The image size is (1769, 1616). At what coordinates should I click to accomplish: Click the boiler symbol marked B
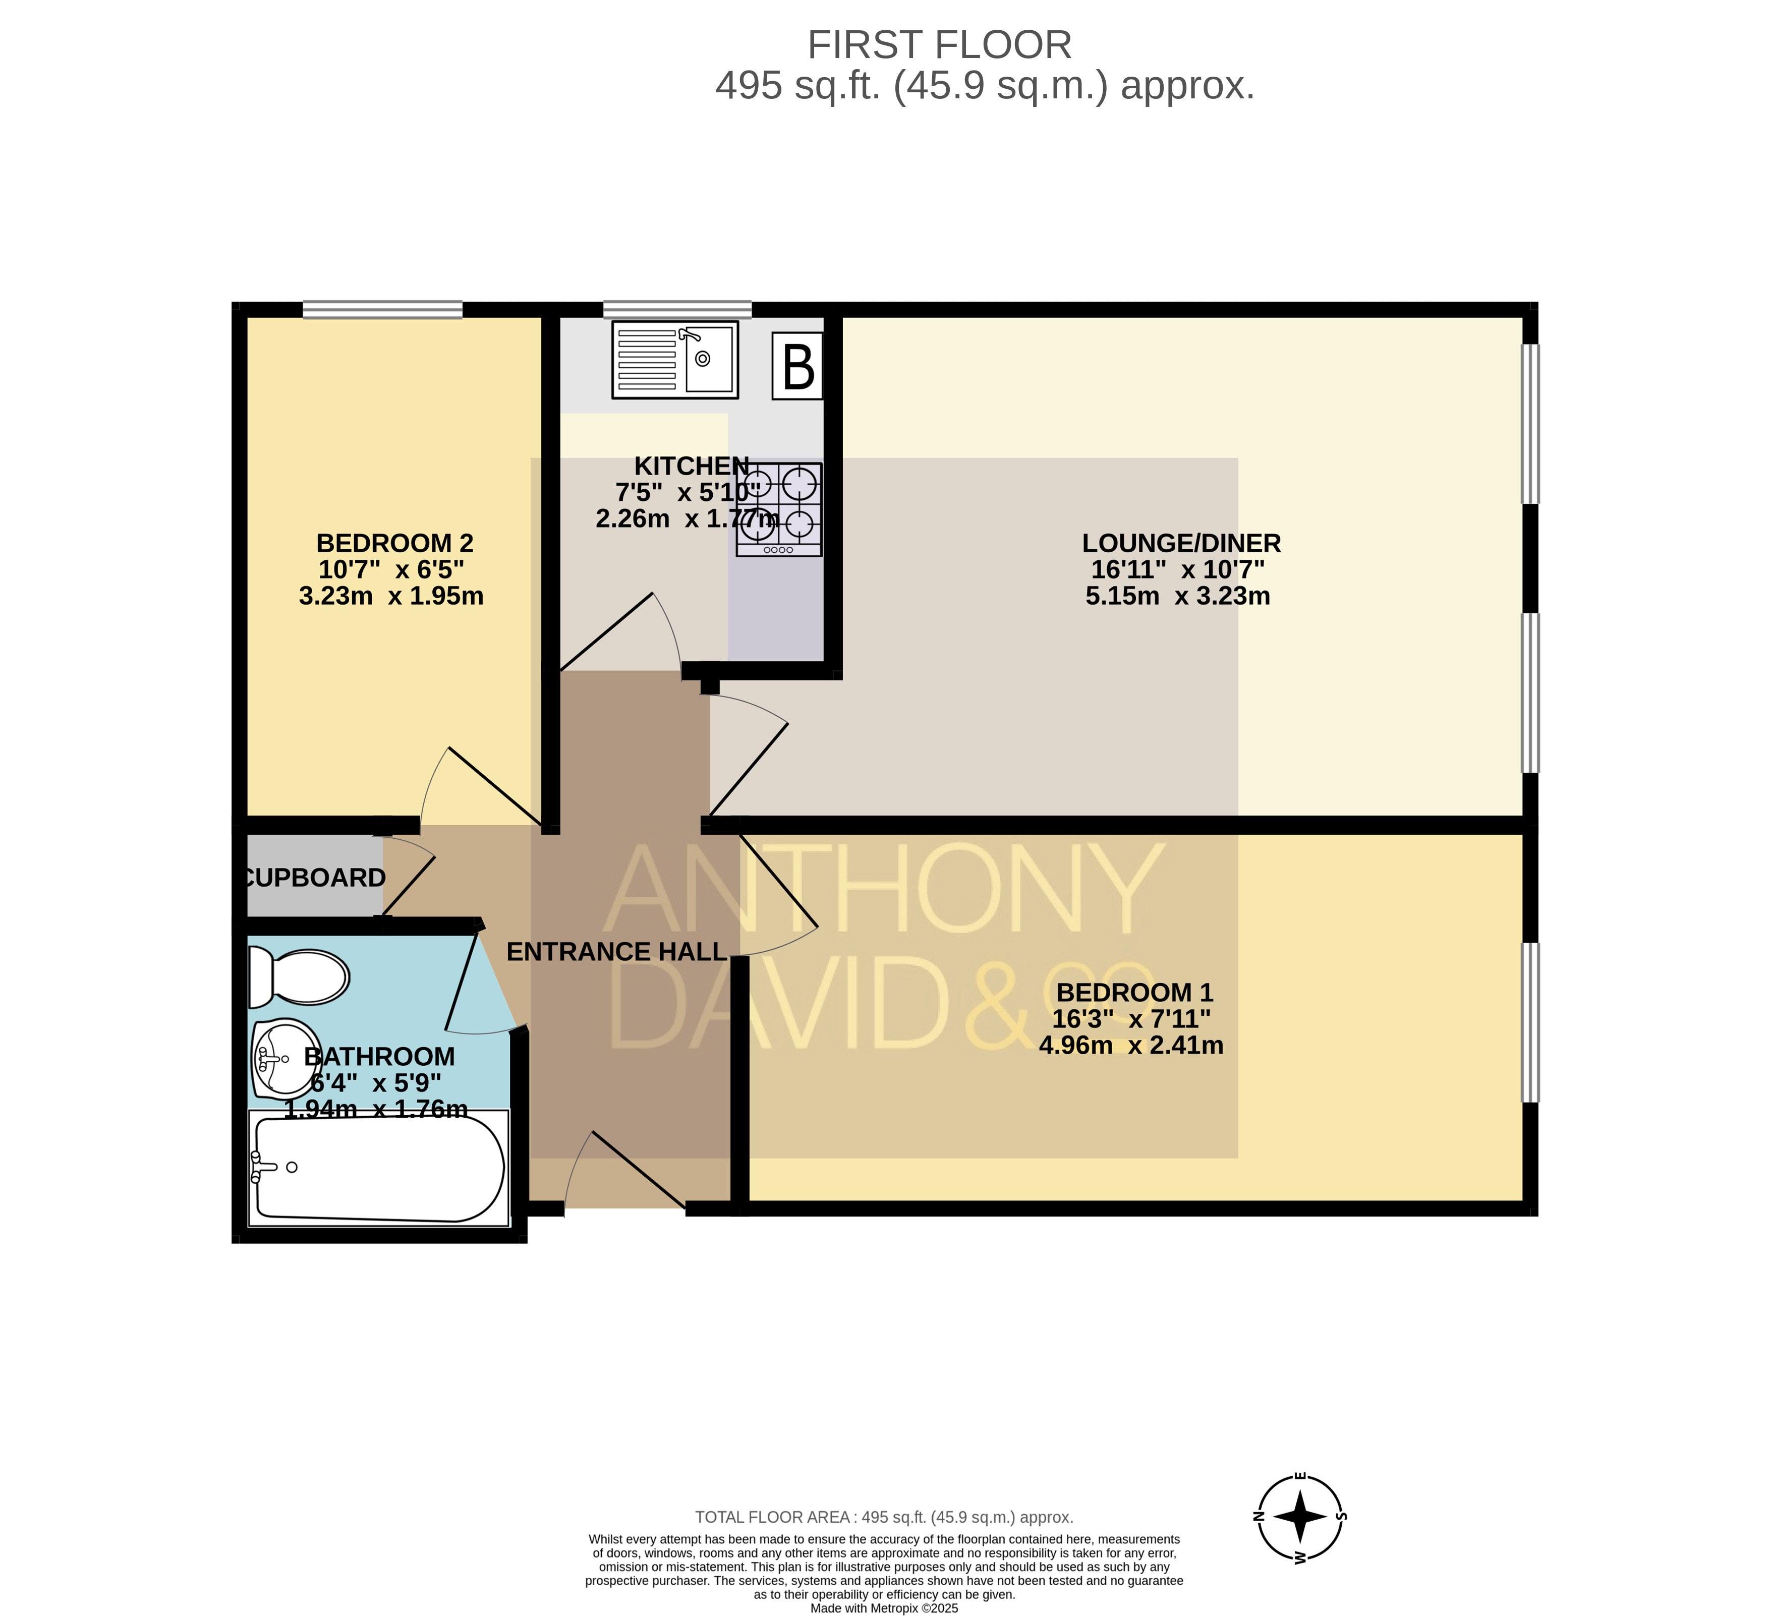tap(797, 366)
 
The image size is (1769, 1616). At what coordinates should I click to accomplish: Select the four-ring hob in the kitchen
tap(779, 509)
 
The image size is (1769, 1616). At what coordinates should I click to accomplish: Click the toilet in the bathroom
tap(298, 976)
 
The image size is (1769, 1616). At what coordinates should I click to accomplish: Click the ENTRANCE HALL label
tap(616, 952)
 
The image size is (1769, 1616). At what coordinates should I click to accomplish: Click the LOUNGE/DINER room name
tap(1181, 543)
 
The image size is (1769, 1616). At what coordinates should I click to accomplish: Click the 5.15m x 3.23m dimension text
tap(1178, 597)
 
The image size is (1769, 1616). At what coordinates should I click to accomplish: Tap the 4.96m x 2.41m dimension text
tap(1131, 1046)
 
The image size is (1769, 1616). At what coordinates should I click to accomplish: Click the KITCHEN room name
tap(693, 466)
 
